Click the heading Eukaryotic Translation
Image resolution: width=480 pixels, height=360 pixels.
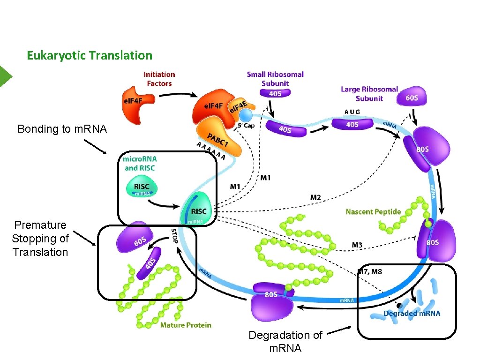90,55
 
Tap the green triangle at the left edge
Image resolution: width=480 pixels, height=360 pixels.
5,76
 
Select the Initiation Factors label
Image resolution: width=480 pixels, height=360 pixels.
159,79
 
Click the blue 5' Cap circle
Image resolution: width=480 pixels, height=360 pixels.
245,115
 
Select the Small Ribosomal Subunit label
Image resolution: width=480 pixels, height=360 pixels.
275,78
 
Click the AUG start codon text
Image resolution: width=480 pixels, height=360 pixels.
352,112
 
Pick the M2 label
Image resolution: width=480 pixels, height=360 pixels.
315,197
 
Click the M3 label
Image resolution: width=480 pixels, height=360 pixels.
357,245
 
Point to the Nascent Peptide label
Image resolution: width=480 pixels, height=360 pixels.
373,211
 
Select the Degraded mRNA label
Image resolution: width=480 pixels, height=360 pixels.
412,313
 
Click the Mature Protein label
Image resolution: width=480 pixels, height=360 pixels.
186,325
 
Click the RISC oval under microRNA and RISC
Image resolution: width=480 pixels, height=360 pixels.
142,188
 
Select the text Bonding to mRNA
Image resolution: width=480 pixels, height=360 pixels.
62,129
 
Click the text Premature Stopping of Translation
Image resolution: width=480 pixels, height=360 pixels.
40,238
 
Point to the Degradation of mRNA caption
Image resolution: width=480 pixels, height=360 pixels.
285,341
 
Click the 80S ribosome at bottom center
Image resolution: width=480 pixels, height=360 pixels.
271,300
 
